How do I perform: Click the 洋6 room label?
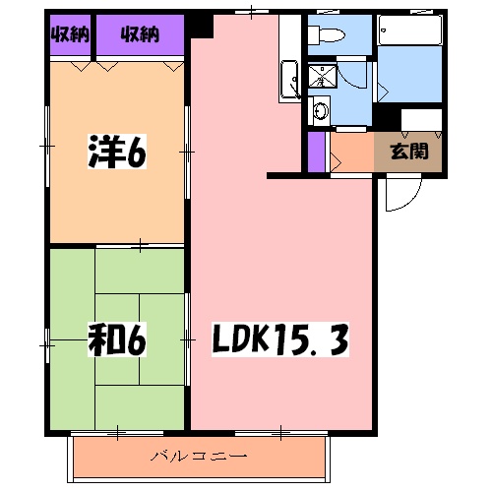click(x=115, y=152)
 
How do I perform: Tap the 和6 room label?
click(x=115, y=339)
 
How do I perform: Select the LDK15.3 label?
click(x=279, y=341)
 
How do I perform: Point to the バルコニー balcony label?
click(x=199, y=456)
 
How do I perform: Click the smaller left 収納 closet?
click(x=69, y=35)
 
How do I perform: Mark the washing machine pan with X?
click(x=321, y=77)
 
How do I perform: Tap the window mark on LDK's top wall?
click(x=254, y=12)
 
